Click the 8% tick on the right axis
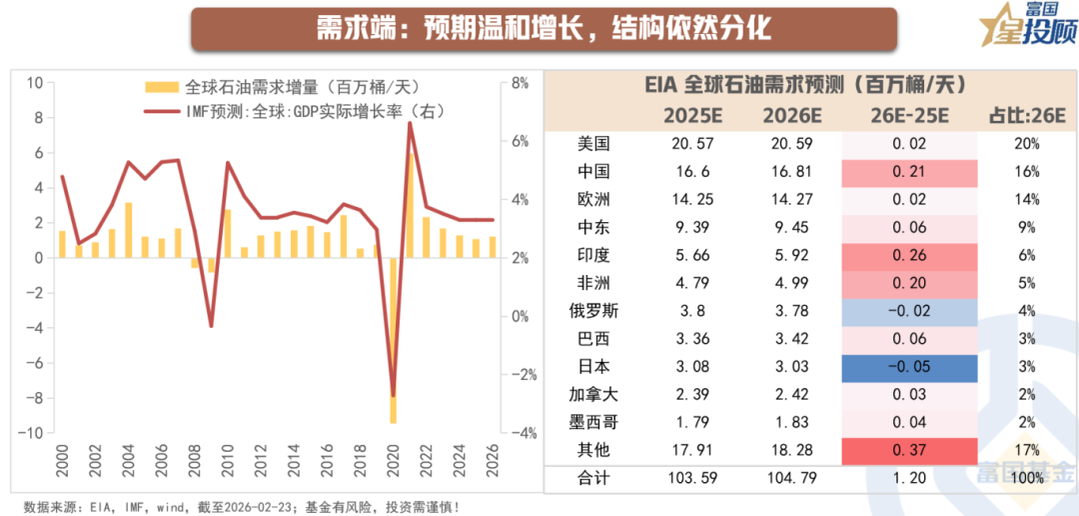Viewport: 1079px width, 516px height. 520,83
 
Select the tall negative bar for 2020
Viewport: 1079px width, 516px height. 393,340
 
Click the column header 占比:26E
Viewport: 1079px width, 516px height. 1024,113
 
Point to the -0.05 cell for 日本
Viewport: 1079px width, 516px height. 909,366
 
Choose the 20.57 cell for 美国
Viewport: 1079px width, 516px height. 691,144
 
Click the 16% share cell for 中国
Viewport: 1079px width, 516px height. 1025,172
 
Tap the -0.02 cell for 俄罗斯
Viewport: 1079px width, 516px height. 909,311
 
